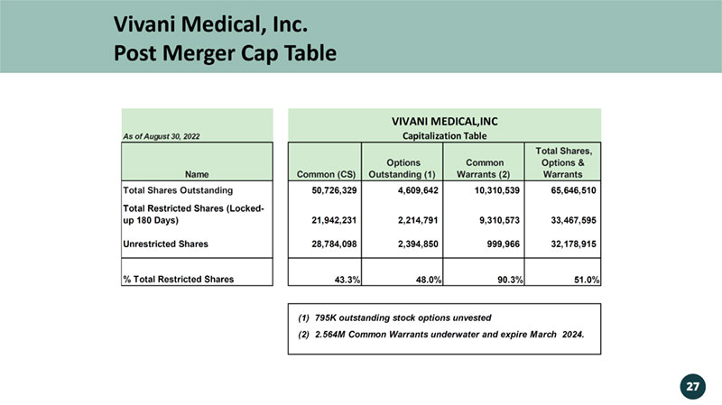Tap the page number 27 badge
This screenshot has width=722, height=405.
[x=692, y=386]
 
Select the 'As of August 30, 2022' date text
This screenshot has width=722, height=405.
[x=161, y=136]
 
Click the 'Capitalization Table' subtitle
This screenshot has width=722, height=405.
[x=445, y=136]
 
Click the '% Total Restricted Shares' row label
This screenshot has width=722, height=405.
[x=178, y=279]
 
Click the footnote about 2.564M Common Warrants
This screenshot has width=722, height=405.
[x=440, y=335]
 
